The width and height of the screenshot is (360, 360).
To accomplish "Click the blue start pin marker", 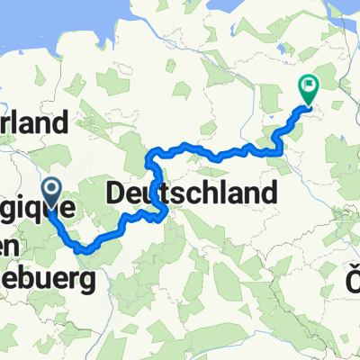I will pos(52,189).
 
